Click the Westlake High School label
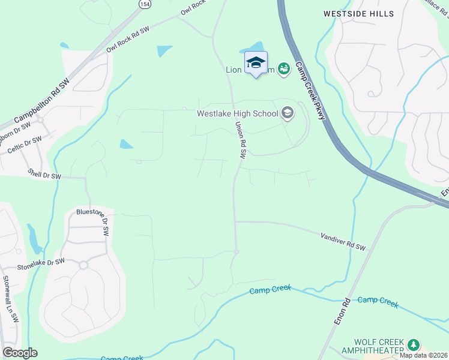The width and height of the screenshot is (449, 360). [238, 113]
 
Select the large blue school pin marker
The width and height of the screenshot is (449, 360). [256, 63]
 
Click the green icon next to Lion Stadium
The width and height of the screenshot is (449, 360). [285, 70]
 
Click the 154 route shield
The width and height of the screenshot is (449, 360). [144, 4]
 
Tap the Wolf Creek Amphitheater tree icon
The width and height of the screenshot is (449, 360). [413, 345]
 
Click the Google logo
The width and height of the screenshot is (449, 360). [20, 353]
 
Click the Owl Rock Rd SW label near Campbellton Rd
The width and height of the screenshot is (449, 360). [128, 40]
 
